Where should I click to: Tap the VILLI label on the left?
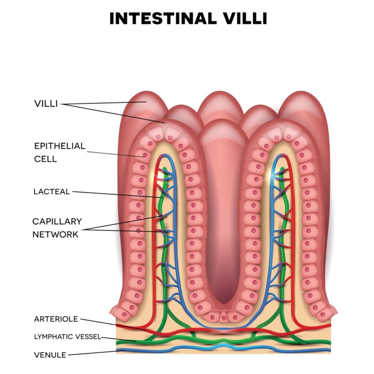(46, 103)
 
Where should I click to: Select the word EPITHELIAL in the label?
(60, 146)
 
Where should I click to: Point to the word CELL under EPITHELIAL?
(45, 159)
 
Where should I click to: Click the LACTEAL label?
(51, 192)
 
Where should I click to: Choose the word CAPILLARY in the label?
(57, 221)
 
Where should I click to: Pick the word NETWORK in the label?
(55, 234)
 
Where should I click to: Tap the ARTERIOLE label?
(56, 319)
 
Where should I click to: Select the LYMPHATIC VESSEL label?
(67, 337)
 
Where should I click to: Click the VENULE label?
(50, 355)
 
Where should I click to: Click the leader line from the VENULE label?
(95, 352)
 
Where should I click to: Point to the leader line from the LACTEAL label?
(117, 194)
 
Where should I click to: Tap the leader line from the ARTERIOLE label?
(113, 324)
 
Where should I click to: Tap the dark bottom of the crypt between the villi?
(223, 298)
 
